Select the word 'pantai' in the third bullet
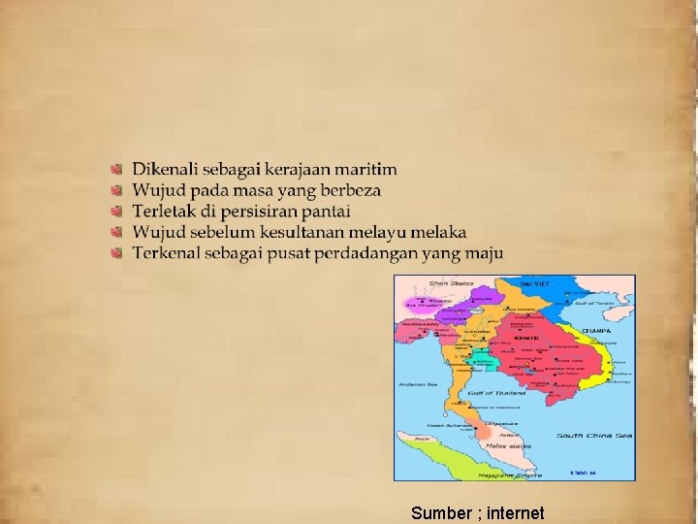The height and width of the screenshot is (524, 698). [325, 212]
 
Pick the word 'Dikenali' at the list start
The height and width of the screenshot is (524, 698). [161, 169]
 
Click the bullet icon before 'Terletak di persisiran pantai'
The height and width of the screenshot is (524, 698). [116, 212]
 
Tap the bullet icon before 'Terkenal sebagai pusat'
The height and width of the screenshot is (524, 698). [116, 254]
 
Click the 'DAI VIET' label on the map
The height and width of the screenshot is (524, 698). [535, 282]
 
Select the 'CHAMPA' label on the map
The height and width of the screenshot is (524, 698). [595, 331]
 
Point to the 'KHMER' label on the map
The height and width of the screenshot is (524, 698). [526, 339]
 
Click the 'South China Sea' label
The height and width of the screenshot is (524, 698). [594, 436]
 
